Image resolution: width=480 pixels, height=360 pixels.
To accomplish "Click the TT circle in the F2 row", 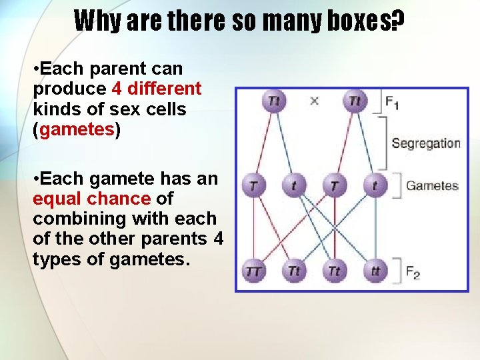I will pyautogui.click(x=254, y=271).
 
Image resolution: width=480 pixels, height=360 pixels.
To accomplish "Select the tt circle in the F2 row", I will pyautogui.click(x=375, y=271).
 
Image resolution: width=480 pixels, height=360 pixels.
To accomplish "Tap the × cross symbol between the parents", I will pyautogui.click(x=315, y=101).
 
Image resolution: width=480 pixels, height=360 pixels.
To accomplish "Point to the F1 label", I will pyautogui.click(x=392, y=102).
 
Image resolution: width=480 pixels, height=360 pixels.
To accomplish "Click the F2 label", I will pyautogui.click(x=412, y=271).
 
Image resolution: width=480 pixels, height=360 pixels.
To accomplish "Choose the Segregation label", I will pyautogui.click(x=425, y=143).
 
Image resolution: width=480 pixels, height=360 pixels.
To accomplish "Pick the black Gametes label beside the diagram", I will pyautogui.click(x=432, y=185).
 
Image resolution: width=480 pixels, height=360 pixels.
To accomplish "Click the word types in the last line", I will pyautogui.click(x=56, y=259).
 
